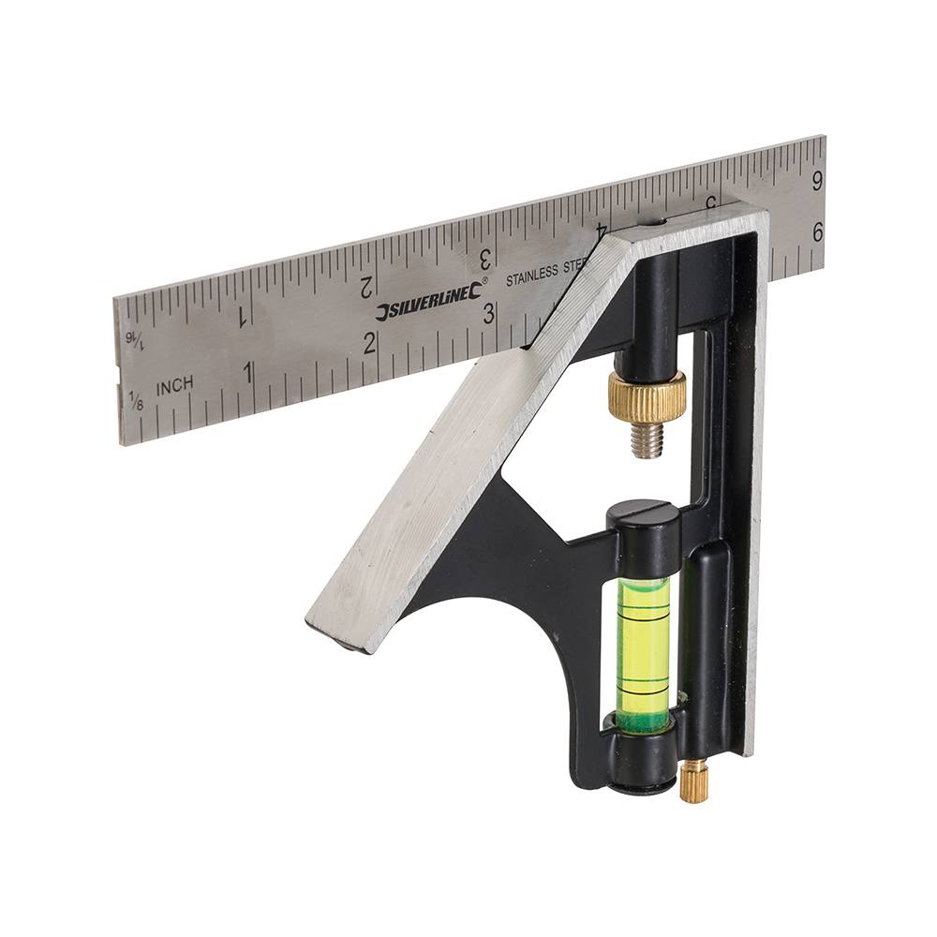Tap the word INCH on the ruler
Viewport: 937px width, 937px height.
(x=175, y=385)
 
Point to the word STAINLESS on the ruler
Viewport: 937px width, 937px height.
(x=531, y=275)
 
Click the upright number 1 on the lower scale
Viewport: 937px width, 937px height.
(x=248, y=372)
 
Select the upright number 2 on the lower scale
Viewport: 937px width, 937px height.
(x=370, y=343)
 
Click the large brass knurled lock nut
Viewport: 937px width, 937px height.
(x=647, y=395)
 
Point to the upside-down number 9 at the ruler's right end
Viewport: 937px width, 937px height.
(x=817, y=178)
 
